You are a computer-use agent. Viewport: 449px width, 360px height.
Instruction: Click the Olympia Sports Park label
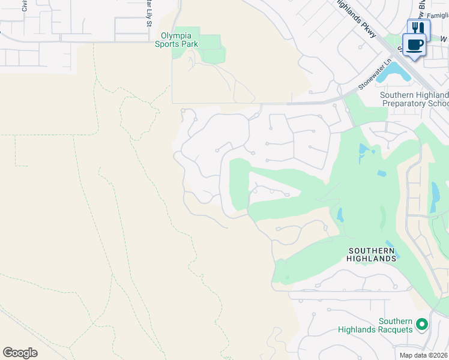(x=176, y=40)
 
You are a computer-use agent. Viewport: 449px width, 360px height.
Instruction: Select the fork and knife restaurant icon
(x=418, y=28)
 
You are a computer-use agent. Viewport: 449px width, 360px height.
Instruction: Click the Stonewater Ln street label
(x=375, y=74)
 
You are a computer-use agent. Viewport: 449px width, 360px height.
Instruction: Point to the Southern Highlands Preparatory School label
(x=414, y=100)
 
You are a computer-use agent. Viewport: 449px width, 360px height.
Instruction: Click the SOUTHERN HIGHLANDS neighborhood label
(x=372, y=254)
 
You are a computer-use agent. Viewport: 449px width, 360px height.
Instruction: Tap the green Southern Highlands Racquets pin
(x=422, y=325)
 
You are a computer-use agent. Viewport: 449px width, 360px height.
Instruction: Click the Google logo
(x=20, y=352)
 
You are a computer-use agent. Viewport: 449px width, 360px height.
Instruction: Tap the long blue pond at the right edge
(x=435, y=198)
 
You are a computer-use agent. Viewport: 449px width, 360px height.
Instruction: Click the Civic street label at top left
(x=24, y=6)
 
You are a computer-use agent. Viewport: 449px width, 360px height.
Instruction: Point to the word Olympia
(x=176, y=35)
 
